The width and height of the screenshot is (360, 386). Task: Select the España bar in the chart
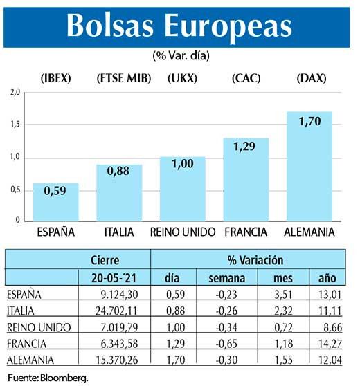(x=55, y=202)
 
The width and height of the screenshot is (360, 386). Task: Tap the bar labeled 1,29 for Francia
(x=246, y=180)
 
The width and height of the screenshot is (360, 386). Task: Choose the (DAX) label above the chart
(x=309, y=78)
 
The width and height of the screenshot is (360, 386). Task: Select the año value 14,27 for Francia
(x=327, y=344)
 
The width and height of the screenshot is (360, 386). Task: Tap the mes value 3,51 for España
(x=281, y=294)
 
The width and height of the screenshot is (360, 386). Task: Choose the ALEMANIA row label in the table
(x=30, y=360)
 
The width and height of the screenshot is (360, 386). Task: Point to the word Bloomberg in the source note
(x=67, y=378)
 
